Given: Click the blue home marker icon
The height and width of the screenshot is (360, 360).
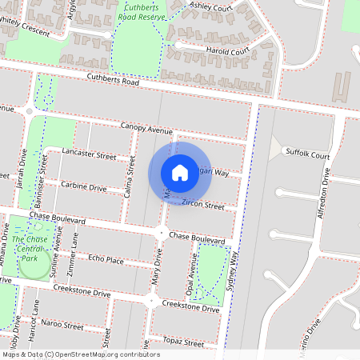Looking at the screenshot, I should tap(180, 172).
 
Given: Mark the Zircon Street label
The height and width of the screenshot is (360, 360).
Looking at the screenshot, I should tap(202, 205).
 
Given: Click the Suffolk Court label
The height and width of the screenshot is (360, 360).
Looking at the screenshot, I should tap(307, 155).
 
